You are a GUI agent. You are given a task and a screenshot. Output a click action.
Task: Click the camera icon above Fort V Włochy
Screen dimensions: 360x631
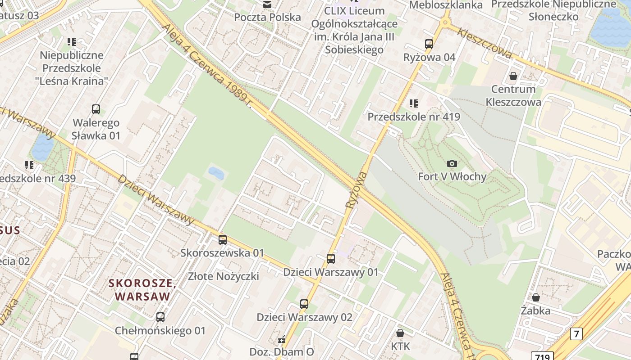click(452, 164)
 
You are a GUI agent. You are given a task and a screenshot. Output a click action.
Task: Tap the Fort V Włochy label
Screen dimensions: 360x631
click(452, 176)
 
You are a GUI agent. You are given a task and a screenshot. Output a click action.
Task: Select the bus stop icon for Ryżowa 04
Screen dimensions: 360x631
click(429, 44)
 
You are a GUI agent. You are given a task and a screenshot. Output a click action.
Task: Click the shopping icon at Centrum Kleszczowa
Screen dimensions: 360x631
click(513, 76)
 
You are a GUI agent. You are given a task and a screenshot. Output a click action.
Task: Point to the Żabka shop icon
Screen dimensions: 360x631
click(536, 297)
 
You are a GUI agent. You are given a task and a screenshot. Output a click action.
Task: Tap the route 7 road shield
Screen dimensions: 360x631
click(576, 333)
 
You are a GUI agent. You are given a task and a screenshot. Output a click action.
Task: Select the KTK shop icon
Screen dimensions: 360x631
click(400, 333)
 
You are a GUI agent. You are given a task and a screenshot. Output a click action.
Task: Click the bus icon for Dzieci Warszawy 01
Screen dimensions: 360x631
click(331, 259)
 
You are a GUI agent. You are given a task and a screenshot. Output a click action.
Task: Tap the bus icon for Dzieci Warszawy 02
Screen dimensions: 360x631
click(304, 304)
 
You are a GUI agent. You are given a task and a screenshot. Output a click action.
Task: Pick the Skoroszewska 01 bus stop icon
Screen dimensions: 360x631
click(222, 240)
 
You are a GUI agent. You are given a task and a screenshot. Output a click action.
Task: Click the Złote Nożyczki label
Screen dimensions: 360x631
click(224, 276)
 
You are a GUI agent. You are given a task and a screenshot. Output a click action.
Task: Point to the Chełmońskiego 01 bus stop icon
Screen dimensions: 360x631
click(160, 317)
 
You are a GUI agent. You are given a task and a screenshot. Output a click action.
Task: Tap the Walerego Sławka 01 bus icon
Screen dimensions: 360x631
click(96, 109)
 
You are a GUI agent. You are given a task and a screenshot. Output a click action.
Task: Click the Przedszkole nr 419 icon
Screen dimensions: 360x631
click(414, 104)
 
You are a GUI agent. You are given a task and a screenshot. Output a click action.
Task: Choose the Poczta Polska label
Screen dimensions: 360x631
click(267, 18)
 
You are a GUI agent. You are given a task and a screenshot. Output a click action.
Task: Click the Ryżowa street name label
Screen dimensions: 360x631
click(357, 189)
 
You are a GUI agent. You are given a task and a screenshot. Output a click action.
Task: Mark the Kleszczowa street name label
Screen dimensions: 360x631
click(485, 43)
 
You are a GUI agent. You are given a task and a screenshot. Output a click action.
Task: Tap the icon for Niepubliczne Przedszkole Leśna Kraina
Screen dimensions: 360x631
click(72, 42)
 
